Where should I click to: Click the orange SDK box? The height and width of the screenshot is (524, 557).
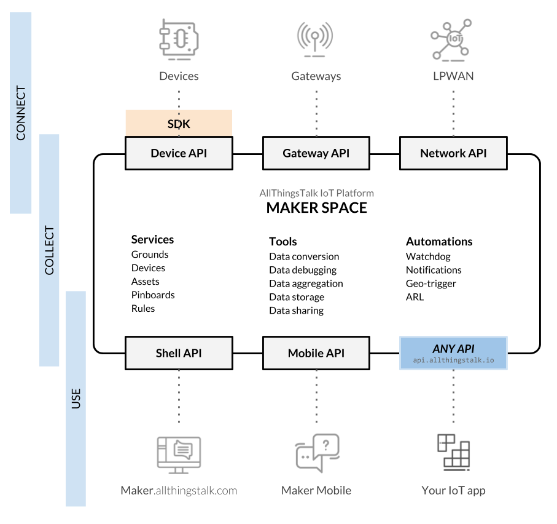coord(179,123)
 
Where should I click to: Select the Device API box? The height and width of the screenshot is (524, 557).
coord(179,153)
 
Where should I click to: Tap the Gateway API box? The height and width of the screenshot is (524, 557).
coord(316,153)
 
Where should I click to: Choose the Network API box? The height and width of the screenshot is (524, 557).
coord(453,153)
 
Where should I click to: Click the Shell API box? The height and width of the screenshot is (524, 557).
coord(179,353)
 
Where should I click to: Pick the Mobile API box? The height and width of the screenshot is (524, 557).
coord(316,353)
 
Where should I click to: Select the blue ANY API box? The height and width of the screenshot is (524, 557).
coord(453,353)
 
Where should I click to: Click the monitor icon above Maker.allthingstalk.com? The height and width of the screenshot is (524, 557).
coord(179,455)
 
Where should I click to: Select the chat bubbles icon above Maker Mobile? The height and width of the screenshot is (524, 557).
coord(316,453)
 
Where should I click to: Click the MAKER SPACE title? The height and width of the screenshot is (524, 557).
coord(316,208)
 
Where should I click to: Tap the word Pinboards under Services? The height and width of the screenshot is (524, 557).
coord(153,295)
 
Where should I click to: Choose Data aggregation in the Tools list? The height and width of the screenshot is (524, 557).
coord(306,284)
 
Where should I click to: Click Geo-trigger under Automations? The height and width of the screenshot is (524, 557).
coord(431,284)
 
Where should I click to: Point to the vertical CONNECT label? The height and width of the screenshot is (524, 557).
coord(21,114)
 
